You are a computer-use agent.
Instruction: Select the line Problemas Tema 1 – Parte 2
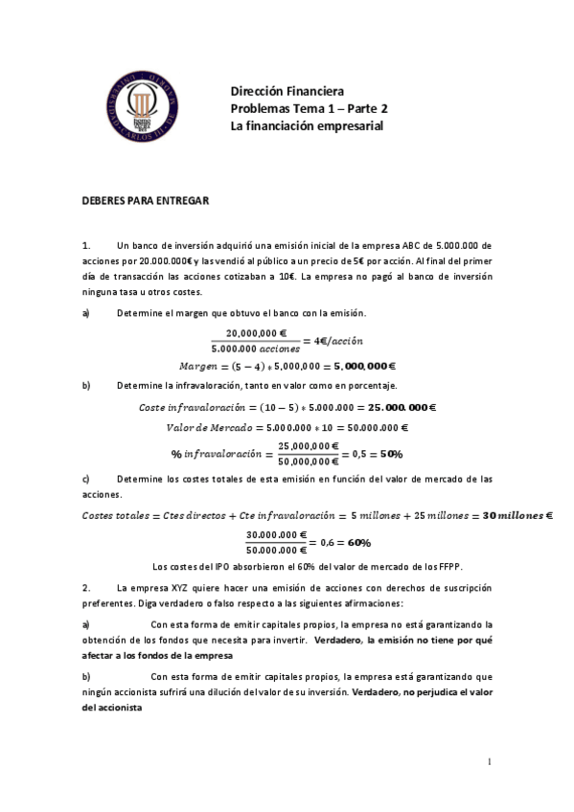tap(309, 108)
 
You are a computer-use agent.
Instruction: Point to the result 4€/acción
tap(333, 340)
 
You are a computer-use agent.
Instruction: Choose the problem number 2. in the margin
tap(86, 586)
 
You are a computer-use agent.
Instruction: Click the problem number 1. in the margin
tap(86, 246)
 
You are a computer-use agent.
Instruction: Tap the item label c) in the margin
tap(86, 478)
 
